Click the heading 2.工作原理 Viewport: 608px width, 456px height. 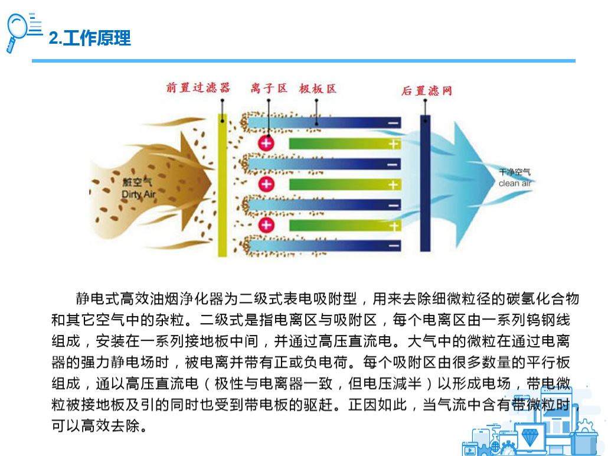(90, 38)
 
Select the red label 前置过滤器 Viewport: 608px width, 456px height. (198, 87)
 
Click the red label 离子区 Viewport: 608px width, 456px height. (269, 89)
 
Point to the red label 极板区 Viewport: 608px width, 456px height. (317, 89)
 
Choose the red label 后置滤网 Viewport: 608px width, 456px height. (427, 91)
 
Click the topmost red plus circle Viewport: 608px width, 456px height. (266, 143)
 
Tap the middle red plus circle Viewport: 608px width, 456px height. (266, 184)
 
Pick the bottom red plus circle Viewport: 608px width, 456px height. (266, 224)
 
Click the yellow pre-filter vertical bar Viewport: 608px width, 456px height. (222, 185)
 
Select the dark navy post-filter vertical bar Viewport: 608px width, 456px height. (426, 183)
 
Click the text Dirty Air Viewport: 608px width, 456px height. (139, 194)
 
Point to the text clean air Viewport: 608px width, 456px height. (515, 183)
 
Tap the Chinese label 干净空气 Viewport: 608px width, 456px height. (515, 172)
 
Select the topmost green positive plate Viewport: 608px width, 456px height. (345, 144)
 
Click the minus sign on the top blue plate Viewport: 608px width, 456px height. (393, 123)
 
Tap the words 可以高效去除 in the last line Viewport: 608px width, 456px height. (96, 426)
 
